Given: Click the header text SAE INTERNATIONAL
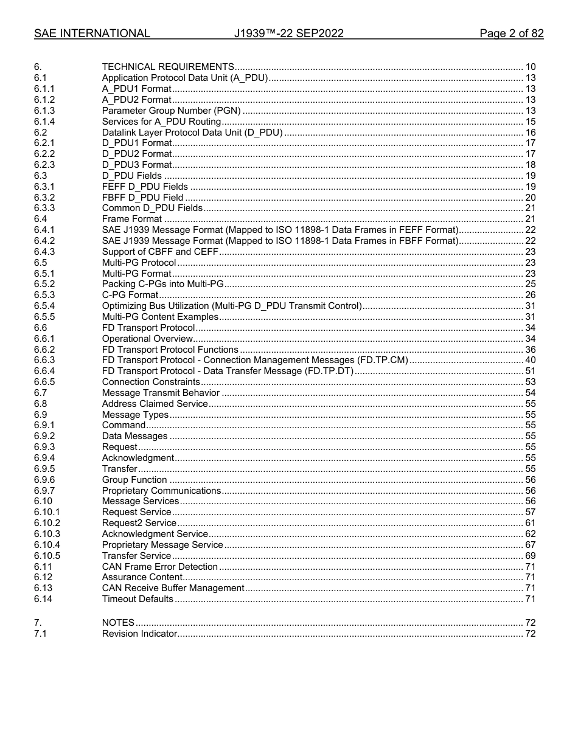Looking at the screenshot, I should (x=92, y=33).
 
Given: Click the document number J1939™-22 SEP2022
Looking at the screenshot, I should (x=288, y=33).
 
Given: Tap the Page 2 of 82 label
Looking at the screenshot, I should (x=511, y=33).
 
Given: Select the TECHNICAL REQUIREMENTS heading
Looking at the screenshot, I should (x=168, y=67).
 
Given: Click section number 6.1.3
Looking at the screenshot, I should (x=44, y=111).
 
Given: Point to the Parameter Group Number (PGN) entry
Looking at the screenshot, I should (x=172, y=111).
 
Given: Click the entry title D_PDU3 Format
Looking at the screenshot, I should (x=137, y=165).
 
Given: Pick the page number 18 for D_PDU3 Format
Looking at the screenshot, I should (x=530, y=165).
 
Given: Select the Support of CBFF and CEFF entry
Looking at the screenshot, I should (x=160, y=252).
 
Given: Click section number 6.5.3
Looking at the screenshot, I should (x=44, y=295).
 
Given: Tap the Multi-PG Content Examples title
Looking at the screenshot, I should (x=160, y=317).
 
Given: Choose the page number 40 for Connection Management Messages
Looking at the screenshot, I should (x=530, y=361).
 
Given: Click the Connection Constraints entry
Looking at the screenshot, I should (x=151, y=382).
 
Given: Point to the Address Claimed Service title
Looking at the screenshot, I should (x=155, y=404).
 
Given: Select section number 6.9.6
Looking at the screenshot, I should (x=44, y=480).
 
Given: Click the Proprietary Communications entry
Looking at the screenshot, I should (x=161, y=491).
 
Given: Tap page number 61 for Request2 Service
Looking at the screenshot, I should (x=530, y=523).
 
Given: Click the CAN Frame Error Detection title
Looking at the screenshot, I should (x=160, y=567).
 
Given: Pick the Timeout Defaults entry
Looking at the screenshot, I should (x=138, y=599).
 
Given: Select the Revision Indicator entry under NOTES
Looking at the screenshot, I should (x=139, y=634).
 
